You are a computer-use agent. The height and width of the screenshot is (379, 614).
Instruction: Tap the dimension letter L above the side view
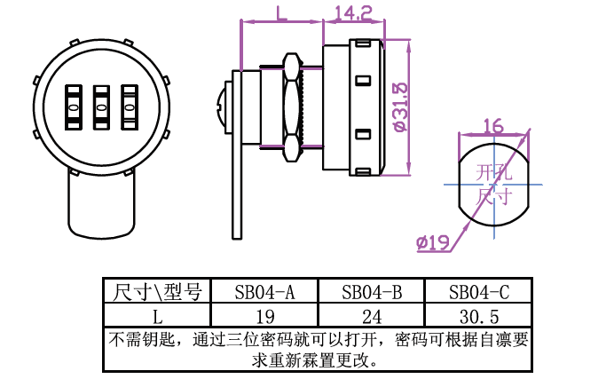click(x=280, y=12)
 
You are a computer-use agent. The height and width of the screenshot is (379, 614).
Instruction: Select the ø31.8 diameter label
click(x=400, y=106)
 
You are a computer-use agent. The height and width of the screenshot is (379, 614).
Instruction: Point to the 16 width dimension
click(x=493, y=125)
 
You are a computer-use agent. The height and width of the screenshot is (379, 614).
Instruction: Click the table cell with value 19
click(x=264, y=316)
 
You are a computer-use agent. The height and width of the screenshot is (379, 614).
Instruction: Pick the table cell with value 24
click(x=371, y=316)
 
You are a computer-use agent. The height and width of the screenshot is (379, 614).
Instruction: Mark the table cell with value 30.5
click(x=478, y=316)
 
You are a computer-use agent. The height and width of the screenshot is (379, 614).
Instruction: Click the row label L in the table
click(x=157, y=316)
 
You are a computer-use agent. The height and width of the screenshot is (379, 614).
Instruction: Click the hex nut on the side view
click(x=291, y=107)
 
